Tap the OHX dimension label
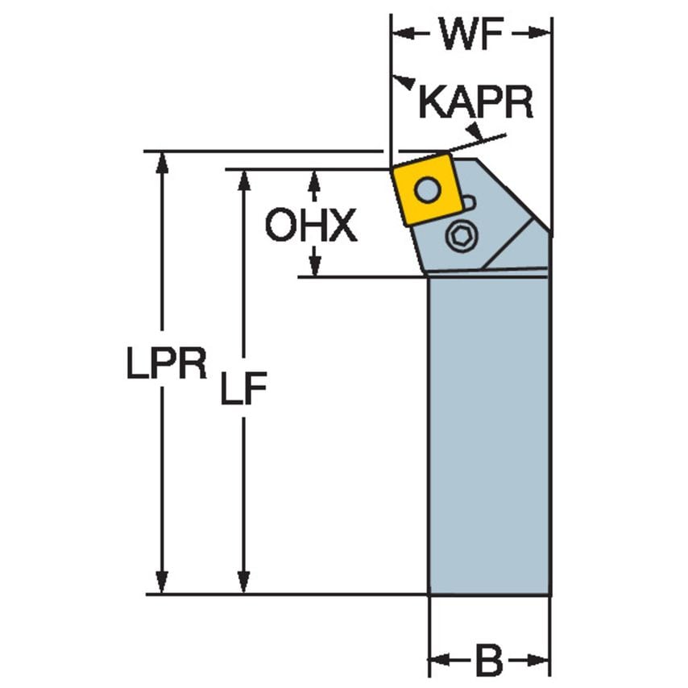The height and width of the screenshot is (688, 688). [x=311, y=227]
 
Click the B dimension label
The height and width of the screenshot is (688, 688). [x=488, y=662]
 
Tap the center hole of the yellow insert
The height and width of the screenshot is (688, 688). [x=429, y=190]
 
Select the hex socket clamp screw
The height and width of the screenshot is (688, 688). [x=462, y=236]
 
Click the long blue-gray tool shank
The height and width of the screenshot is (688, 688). [x=489, y=435]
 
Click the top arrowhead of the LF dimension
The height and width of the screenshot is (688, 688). [x=242, y=178]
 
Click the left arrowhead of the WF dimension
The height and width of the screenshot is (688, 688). [x=400, y=34]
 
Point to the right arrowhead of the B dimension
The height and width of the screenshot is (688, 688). [x=541, y=662]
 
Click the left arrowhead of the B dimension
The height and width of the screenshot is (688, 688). [x=437, y=662]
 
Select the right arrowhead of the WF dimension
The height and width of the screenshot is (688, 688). [x=543, y=34]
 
